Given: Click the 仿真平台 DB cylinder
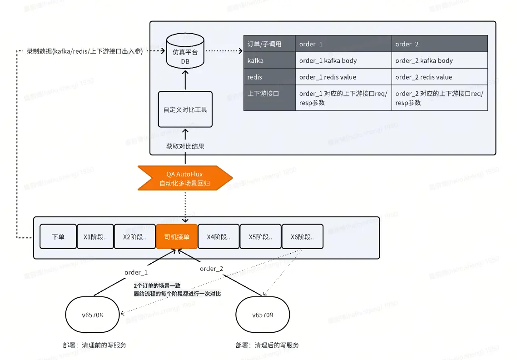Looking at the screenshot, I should click(185, 53).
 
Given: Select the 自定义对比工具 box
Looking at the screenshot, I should click(185, 110).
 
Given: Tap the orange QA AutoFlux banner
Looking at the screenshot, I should click(185, 178).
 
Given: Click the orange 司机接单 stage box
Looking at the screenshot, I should click(177, 237).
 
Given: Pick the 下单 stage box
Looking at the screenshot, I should click(58, 237).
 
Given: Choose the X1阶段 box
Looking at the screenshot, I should click(95, 237).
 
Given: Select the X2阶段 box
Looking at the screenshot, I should click(134, 237).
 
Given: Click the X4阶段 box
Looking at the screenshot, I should click(219, 237).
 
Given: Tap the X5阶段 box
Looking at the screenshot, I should click(260, 237).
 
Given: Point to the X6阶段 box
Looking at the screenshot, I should click(303, 237).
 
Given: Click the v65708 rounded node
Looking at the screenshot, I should click(93, 315).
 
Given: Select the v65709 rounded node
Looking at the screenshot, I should click(263, 315).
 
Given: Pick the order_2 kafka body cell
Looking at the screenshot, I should click(439, 60).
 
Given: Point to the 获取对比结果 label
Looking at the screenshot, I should click(185, 146).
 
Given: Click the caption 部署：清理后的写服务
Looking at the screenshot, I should click(267, 345).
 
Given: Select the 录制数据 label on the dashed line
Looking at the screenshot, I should click(85, 51).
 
